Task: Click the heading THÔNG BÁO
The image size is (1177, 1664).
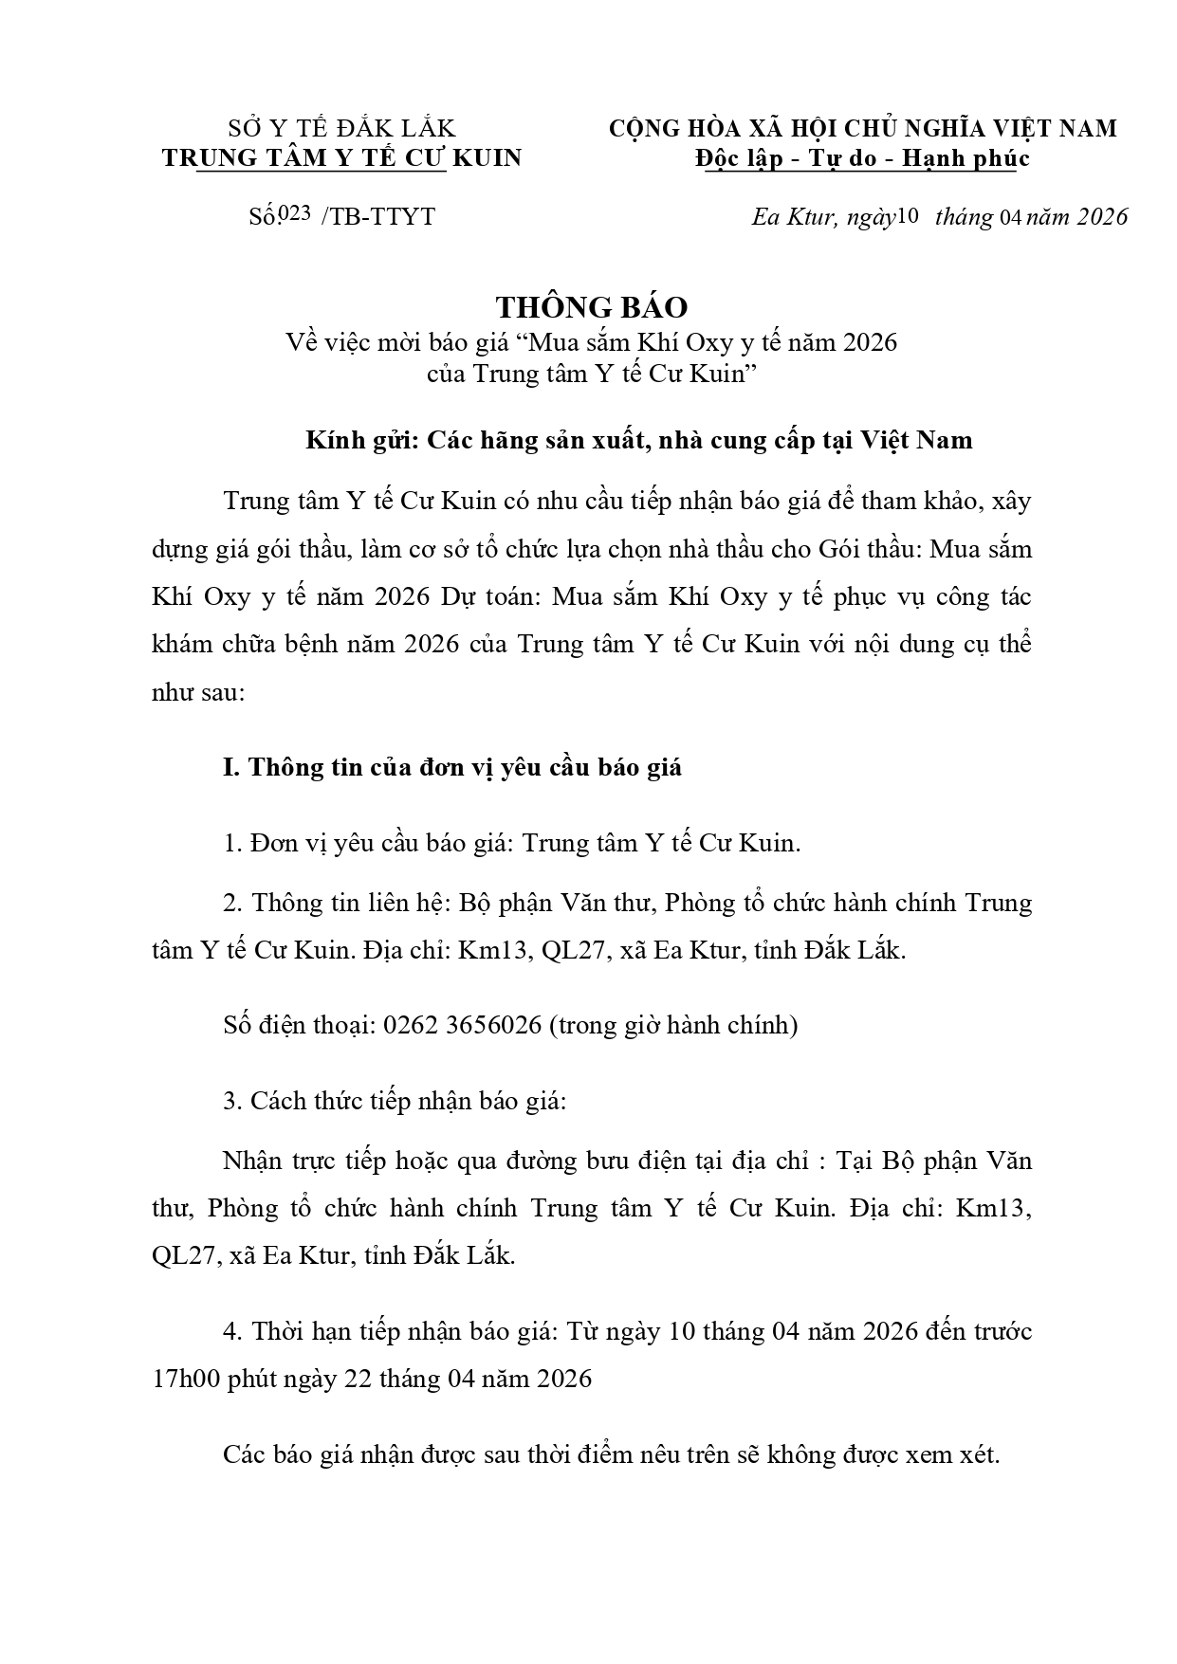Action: pyautogui.click(x=591, y=307)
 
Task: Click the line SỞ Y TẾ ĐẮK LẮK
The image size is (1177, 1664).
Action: pyautogui.click(x=341, y=128)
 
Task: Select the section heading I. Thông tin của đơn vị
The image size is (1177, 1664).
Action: pyautogui.click(x=452, y=767)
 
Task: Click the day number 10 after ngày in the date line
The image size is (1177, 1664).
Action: pyautogui.click(x=907, y=215)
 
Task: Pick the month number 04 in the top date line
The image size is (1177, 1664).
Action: pyautogui.click(x=1008, y=216)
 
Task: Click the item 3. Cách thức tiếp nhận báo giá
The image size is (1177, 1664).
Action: pyautogui.click(x=394, y=1101)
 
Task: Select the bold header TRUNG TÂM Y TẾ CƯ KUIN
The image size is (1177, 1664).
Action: pyautogui.click(x=341, y=157)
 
